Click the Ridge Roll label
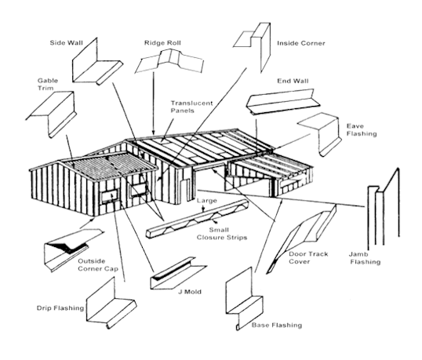[x=162, y=43]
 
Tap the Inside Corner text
[x=301, y=43]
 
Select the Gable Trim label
[x=48, y=84]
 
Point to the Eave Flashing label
[x=362, y=130]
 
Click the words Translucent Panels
[x=191, y=107]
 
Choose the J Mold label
[x=190, y=292]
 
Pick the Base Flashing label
[x=277, y=325]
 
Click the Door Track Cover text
[x=308, y=258]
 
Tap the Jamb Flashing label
[x=365, y=258]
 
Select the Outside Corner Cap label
[x=98, y=265]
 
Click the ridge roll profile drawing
[x=169, y=62]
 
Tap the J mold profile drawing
[x=177, y=273]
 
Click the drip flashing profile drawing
[x=111, y=303]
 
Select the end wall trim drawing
[x=283, y=102]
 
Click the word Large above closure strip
[x=206, y=201]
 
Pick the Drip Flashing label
[x=60, y=307]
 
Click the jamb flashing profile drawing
[x=384, y=206]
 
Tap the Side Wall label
[x=66, y=43]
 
